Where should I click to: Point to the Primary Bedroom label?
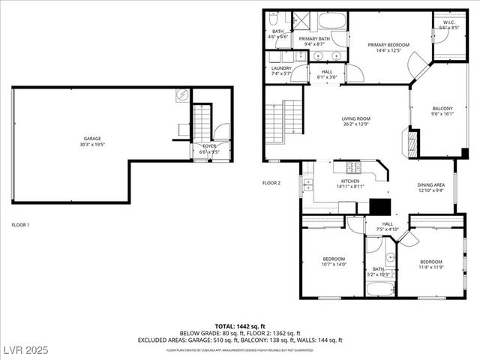[388, 45]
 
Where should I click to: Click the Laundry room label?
[281, 67]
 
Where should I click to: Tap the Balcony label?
[442, 108]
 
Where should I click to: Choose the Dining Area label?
[430, 184]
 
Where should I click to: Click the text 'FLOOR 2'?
[271, 183]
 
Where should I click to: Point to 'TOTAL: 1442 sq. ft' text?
[240, 326]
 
